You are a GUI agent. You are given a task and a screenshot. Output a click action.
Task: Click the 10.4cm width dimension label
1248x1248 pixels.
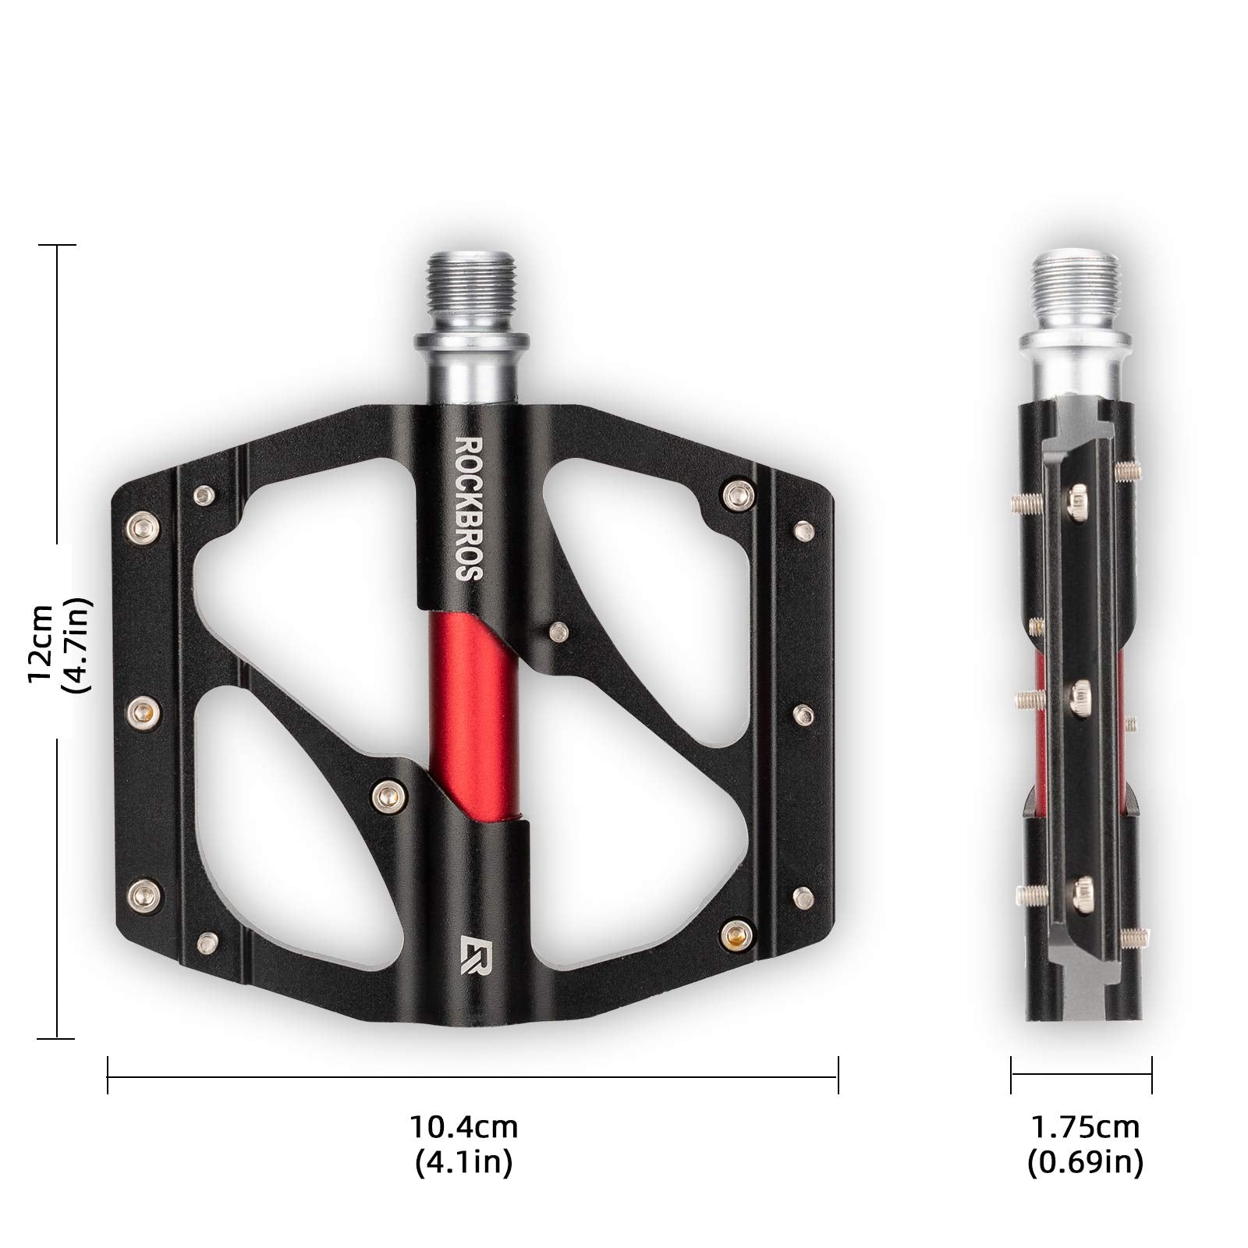464,1127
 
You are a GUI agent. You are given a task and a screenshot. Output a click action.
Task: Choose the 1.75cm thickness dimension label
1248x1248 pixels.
1085,1127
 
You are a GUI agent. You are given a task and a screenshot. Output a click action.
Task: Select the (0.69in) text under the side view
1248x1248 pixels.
1085,1163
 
